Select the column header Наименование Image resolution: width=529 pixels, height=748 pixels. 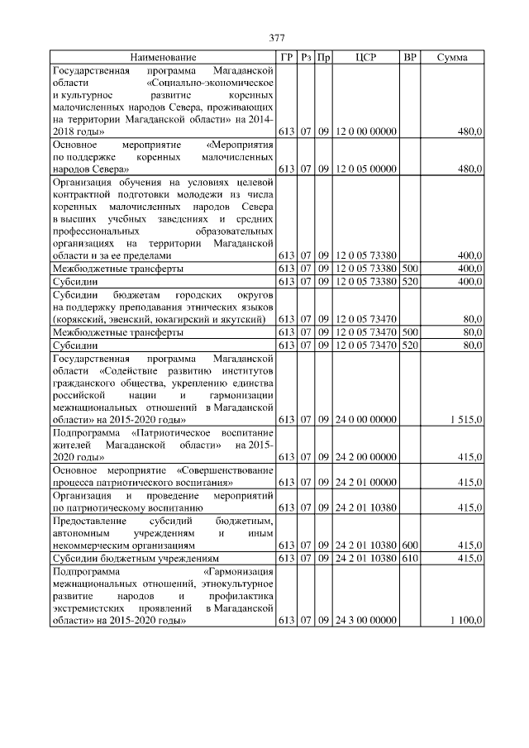pyautogui.click(x=163, y=58)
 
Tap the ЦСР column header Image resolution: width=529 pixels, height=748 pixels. pyautogui.click(x=366, y=58)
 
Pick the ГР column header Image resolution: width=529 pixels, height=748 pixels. pyautogui.click(x=287, y=58)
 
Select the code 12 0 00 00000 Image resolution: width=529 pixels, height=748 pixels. pyautogui.click(x=366, y=131)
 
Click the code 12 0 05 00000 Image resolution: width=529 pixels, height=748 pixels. pyautogui.click(x=366, y=169)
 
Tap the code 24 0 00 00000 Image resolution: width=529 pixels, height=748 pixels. pyautogui.click(x=366, y=420)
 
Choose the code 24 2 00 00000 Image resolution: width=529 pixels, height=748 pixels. pyautogui.click(x=366, y=457)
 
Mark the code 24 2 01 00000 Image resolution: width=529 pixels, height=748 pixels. pyautogui.click(x=366, y=482)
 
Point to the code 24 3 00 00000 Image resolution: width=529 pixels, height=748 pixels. pyautogui.click(x=366, y=620)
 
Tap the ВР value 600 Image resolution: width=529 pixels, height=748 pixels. pyautogui.click(x=410, y=546)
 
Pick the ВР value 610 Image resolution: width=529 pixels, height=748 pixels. pyautogui.click(x=410, y=559)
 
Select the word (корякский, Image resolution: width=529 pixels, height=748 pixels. pyautogui.click(x=79, y=319)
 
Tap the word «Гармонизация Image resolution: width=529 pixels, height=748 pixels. pyautogui.click(x=238, y=571)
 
